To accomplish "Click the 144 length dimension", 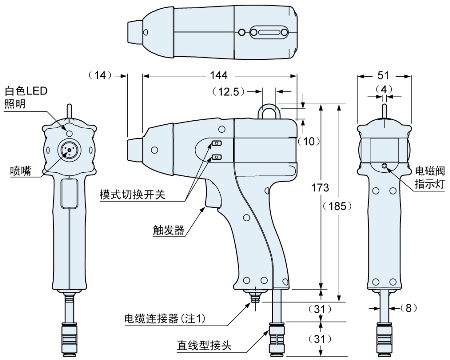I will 217,76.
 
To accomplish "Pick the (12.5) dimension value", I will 233,93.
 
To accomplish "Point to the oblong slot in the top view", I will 267,31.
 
